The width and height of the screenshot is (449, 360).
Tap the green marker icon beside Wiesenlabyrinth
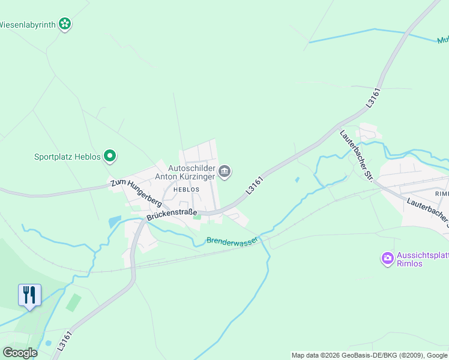click(x=65, y=25)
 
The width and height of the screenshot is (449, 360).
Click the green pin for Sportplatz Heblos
click(x=110, y=157)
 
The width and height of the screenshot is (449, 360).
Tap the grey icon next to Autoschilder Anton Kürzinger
click(x=225, y=172)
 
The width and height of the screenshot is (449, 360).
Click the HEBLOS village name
click(x=185, y=189)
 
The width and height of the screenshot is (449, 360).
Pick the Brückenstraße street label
click(x=172, y=213)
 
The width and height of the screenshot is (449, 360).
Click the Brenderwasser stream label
click(x=232, y=240)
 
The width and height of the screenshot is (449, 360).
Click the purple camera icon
click(x=387, y=259)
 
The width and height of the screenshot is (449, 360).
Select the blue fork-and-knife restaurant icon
click(x=29, y=295)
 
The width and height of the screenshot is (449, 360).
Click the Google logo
click(x=20, y=352)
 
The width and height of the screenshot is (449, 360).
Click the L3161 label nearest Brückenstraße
click(x=255, y=185)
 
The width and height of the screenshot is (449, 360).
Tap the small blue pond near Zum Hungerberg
click(x=115, y=221)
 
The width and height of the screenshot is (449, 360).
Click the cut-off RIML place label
click(x=442, y=194)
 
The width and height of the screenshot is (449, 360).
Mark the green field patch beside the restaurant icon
click(x=73, y=302)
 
